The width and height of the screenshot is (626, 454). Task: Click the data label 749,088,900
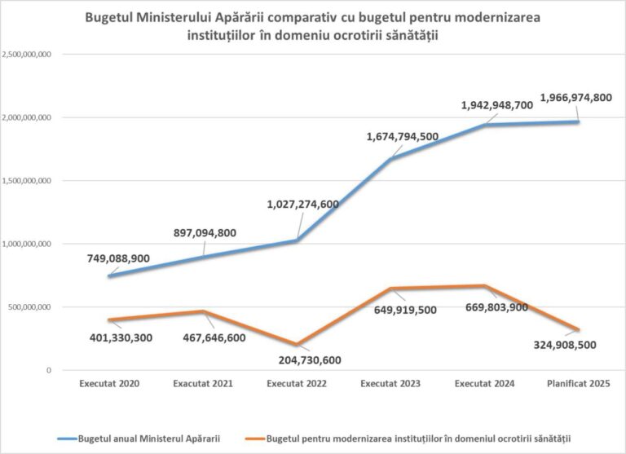click(118, 258)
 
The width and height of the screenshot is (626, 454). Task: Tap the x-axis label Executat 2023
click(390, 383)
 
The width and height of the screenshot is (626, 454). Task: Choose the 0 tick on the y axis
click(49, 370)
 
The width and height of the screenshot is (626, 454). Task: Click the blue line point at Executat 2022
click(296, 240)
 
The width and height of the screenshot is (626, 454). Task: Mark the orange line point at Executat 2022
click(296, 344)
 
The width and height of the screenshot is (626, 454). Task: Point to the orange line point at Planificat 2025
click(578, 329)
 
